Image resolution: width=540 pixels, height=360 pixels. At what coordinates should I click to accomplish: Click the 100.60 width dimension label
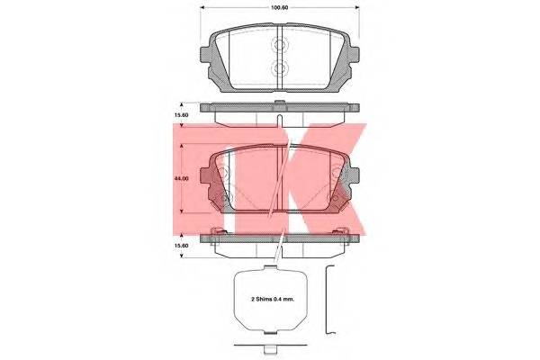[279, 7]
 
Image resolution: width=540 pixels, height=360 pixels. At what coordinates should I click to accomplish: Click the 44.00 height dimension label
[181, 179]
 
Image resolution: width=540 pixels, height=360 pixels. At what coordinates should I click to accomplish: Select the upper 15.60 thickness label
[181, 115]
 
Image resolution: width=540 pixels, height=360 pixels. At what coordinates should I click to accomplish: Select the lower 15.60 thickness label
[181, 246]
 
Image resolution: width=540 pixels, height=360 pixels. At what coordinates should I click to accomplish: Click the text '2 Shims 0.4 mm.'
[273, 300]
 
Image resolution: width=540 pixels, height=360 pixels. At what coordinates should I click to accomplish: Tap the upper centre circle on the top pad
[279, 44]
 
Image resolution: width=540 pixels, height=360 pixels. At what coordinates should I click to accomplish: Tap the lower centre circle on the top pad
[279, 67]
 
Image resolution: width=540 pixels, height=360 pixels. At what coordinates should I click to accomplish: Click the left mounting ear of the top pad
[204, 55]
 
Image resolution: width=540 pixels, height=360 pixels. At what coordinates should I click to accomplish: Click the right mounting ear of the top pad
[355, 55]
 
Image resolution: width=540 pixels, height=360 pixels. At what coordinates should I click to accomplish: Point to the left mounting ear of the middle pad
[204, 176]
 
